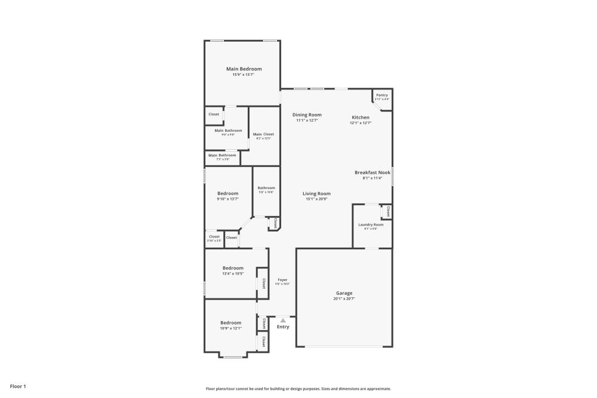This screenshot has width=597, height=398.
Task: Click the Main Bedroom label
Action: coord(244,69)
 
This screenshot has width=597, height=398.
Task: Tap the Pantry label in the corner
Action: coord(382,95)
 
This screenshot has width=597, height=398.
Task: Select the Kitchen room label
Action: coord(361,118)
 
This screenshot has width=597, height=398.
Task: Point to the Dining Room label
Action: coord(307,115)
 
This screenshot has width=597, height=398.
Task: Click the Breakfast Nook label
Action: coord(373,172)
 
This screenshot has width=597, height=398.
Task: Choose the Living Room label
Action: coord(316,193)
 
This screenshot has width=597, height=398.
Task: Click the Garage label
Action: coord(344,293)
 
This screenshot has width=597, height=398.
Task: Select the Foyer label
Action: coord(282,279)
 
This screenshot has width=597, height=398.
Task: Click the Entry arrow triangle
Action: coord(283,320)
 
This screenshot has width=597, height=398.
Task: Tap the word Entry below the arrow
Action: coord(283,327)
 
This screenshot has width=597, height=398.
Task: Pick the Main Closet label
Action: coord(263,134)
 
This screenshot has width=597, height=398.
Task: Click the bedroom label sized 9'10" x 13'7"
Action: coord(227,193)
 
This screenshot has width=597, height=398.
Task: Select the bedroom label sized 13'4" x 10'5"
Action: coord(233,268)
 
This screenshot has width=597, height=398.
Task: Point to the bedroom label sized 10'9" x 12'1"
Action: coord(230,323)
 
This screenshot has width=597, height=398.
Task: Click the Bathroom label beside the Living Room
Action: coord(266,188)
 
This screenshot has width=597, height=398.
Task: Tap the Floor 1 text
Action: coord(18,387)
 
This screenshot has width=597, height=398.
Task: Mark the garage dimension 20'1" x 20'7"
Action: coord(344,298)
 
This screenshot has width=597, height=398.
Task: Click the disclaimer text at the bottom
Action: coord(298,388)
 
